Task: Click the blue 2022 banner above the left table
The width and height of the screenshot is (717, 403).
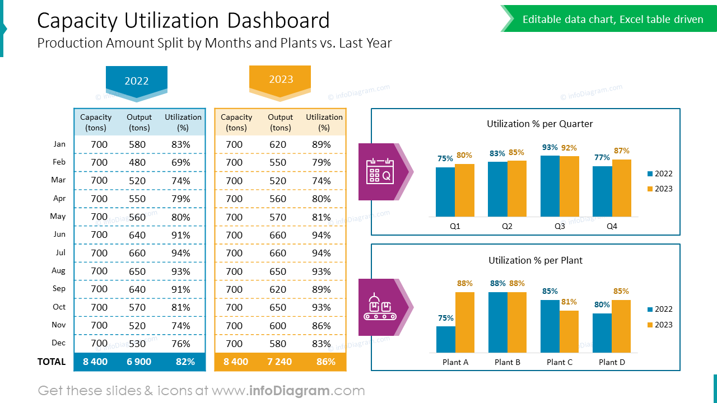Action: click(x=137, y=81)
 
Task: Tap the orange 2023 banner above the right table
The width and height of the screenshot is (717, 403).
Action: click(x=280, y=79)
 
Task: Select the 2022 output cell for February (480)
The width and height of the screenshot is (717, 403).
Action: click(x=137, y=162)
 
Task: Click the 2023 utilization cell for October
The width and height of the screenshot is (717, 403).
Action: click(x=322, y=307)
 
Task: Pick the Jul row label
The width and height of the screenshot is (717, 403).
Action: click(x=60, y=252)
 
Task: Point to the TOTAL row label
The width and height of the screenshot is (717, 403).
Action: click(x=52, y=362)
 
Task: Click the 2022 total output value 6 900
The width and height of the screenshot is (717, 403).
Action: click(x=139, y=362)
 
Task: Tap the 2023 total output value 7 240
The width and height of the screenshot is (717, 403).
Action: click(x=280, y=362)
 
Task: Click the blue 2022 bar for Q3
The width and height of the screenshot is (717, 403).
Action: click(x=550, y=186)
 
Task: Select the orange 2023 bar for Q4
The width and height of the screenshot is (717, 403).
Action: click(x=622, y=188)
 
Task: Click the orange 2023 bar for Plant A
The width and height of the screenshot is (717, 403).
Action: click(x=465, y=322)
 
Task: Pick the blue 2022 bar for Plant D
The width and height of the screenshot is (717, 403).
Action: click(x=602, y=333)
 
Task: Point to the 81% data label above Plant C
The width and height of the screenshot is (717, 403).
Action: click(x=569, y=302)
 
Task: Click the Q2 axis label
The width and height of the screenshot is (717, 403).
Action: click(x=507, y=227)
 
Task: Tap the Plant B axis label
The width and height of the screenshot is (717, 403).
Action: click(x=508, y=362)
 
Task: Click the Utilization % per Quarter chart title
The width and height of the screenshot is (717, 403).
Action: click(x=539, y=124)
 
